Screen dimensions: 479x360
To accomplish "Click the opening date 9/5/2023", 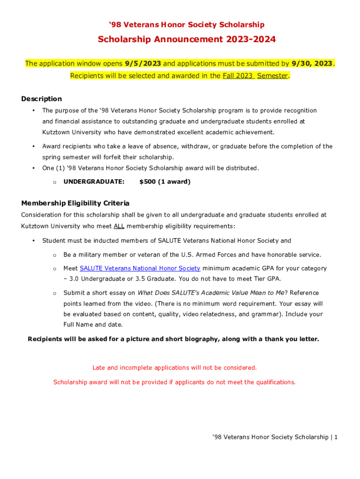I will point(143,63).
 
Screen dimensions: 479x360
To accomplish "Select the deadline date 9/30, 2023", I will point(312,63).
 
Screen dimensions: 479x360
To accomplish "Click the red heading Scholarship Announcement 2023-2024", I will point(187,40).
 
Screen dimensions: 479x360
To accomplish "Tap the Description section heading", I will point(42,99).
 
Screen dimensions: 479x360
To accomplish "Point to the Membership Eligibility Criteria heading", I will point(75,203).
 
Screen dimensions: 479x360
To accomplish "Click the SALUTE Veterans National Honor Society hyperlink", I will point(140,269).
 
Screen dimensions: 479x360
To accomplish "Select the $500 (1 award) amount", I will point(165,181).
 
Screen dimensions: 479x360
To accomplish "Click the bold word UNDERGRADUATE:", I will point(94,181).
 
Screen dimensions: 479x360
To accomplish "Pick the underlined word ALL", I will point(119,226).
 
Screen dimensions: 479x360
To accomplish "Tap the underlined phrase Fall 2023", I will point(238,76).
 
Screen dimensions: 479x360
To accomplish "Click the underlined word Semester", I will point(273,76).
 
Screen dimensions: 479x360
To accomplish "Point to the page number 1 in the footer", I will point(336,437).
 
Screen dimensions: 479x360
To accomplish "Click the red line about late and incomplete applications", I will point(174,368).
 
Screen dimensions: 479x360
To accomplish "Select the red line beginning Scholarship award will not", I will point(174,382).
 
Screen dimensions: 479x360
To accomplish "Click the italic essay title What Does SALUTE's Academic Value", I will point(210,293).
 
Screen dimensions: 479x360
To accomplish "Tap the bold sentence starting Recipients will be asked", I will point(173,339).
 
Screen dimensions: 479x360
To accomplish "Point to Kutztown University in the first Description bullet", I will point(70,132).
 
